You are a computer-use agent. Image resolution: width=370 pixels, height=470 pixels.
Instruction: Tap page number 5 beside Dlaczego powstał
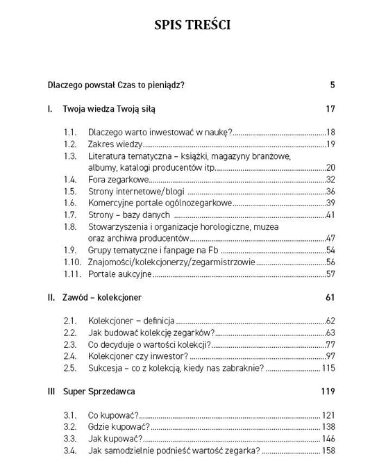pyautogui.click(x=333, y=85)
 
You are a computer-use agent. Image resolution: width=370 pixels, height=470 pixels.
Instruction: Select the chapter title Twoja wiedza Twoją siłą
pyautogui.click(x=110, y=109)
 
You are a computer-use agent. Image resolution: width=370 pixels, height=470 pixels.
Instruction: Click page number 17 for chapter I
pyautogui.click(x=330, y=109)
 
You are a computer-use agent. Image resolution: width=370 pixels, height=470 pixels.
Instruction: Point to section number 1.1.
pyautogui.click(x=69, y=132)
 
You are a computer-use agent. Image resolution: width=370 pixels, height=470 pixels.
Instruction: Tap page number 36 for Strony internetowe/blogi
pyautogui.click(x=330, y=191)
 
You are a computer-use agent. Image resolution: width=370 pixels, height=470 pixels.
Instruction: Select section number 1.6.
pyautogui.click(x=69, y=203)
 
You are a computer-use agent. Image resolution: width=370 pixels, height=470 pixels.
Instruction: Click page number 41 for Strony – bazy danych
pyautogui.click(x=330, y=215)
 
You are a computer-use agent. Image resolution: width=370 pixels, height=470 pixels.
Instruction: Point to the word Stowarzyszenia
pyautogui.click(x=119, y=226)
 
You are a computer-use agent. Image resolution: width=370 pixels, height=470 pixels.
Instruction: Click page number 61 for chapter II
pyautogui.click(x=330, y=297)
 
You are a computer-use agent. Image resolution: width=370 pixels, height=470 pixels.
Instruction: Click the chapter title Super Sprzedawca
pyautogui.click(x=101, y=392)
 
